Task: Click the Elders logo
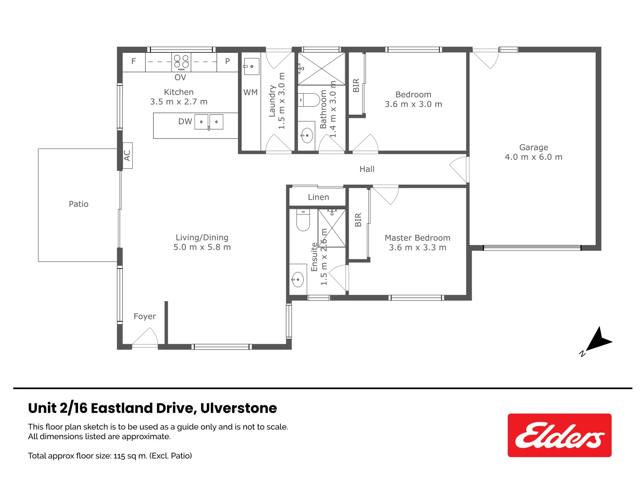tap(559, 435)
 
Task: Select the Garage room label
tap(534, 147)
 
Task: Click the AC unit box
tap(127, 155)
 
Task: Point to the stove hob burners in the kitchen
tap(181, 62)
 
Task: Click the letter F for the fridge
tap(134, 62)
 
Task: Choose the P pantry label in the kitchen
tap(227, 62)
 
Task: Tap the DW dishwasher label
tap(185, 121)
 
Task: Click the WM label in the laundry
tap(251, 92)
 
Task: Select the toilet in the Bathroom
tap(309, 100)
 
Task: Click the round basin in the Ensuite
tap(297, 280)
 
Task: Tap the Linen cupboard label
tap(318, 197)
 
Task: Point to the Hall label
tap(367, 169)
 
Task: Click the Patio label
tap(79, 204)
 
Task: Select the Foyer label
tap(145, 316)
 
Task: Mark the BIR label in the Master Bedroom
tap(358, 220)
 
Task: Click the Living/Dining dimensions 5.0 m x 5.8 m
tap(202, 247)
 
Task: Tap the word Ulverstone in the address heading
tap(238, 408)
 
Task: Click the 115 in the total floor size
tap(119, 456)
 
